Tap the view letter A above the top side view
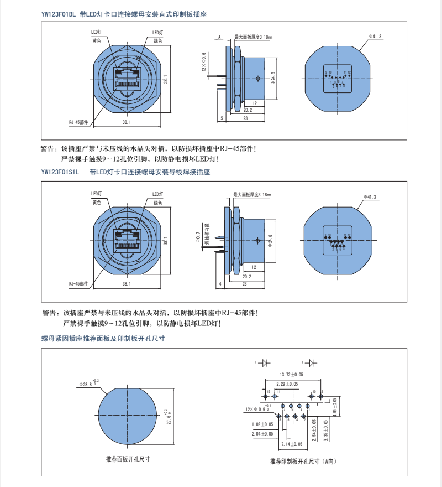[x=219, y=37]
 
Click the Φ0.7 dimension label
[x=198, y=239]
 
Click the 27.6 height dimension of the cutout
[x=169, y=417]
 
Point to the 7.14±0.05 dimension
[x=292, y=444]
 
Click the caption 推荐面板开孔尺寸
[x=129, y=459]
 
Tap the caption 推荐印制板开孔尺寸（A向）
[x=303, y=460]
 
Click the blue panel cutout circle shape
[x=130, y=416]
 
